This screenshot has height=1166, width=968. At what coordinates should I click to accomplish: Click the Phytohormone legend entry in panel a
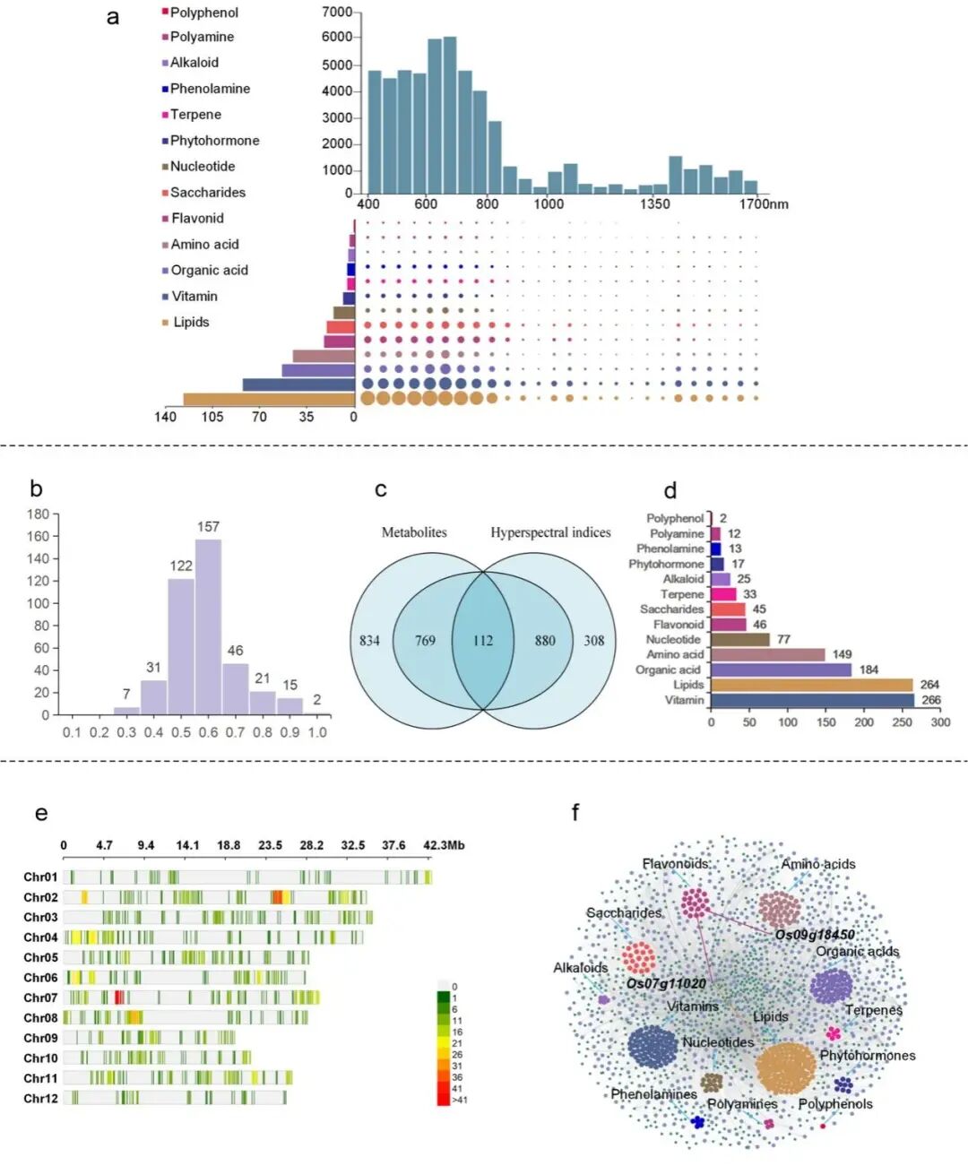[214, 141]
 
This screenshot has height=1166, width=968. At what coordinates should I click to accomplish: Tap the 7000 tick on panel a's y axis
[336, 12]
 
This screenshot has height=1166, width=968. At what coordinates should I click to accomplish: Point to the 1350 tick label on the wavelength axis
[654, 204]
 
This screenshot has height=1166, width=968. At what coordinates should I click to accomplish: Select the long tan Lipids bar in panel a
[269, 399]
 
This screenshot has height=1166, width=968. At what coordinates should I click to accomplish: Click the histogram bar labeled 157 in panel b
[208, 626]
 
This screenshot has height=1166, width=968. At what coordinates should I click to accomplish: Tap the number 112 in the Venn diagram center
[483, 641]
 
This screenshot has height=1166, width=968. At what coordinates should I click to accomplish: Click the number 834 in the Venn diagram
[369, 641]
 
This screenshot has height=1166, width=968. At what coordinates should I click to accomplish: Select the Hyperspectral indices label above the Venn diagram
[550, 532]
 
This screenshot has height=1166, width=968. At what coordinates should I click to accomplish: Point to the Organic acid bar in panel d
[781, 669]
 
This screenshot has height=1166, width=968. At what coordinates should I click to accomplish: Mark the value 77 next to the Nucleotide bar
[782, 639]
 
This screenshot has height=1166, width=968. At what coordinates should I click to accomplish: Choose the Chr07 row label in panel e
[40, 998]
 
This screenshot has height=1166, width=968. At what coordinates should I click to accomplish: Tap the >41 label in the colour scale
[460, 1100]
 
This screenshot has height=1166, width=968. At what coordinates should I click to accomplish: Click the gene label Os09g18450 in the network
[814, 935]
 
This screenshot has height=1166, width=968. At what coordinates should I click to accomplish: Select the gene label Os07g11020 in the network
[666, 983]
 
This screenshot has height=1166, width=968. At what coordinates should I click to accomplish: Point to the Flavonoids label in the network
[675, 864]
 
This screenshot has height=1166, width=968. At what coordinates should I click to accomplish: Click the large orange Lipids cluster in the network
[785, 1067]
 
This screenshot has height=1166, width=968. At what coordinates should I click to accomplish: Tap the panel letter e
[41, 814]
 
